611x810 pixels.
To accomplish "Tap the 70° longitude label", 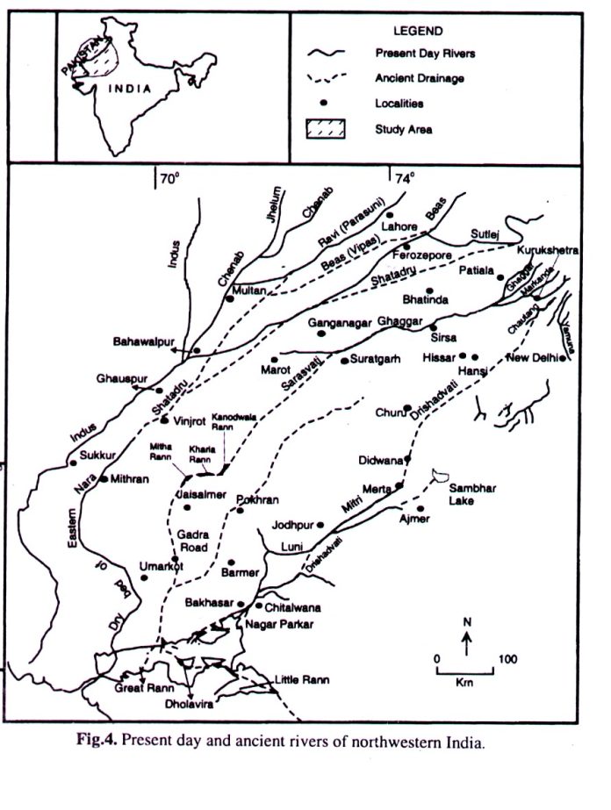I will (169, 179).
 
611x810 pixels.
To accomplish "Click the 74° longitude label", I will (403, 179).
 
